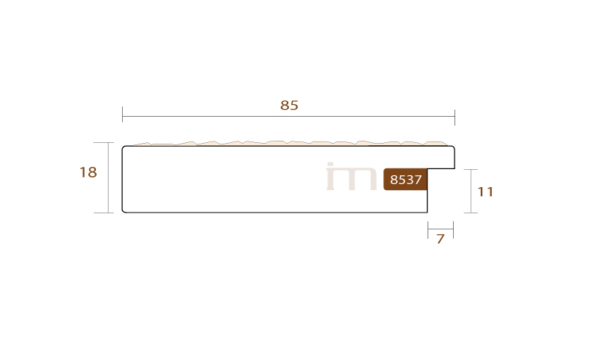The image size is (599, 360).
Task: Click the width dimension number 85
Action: (x=289, y=105)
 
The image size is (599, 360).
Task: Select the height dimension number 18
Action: (x=88, y=172)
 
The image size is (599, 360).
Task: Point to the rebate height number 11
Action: (x=485, y=192)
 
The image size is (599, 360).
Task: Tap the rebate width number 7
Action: (x=440, y=239)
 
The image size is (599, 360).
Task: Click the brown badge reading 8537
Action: (x=405, y=179)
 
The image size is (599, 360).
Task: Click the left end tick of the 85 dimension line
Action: (x=122, y=115)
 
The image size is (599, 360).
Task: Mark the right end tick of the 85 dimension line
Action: (x=454, y=118)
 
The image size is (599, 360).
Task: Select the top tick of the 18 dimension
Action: (x=103, y=143)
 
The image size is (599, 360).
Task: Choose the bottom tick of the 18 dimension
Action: (x=103, y=213)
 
